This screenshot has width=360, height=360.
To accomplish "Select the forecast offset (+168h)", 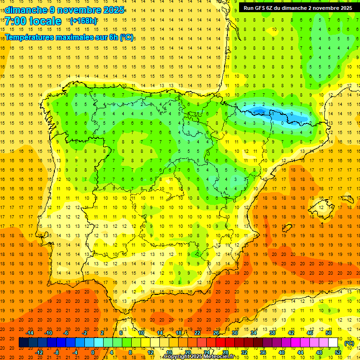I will click(83, 21).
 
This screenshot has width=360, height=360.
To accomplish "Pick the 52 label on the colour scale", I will click(338, 352).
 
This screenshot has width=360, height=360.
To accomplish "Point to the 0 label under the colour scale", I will click(93, 352).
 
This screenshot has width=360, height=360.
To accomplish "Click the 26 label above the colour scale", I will click(216, 333).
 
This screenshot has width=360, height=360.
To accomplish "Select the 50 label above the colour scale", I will click(329, 333).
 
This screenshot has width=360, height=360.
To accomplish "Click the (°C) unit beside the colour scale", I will click(349, 343).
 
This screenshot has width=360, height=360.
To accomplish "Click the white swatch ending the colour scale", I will click(333, 343).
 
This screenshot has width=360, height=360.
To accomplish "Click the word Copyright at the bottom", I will click(177, 357).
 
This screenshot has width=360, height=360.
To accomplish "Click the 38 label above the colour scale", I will click(272, 333).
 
